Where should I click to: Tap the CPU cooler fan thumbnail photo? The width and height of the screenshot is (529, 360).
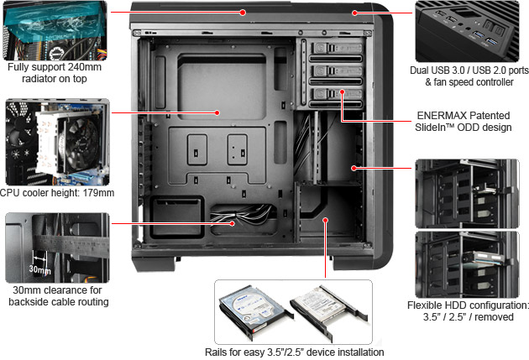(x=54, y=143)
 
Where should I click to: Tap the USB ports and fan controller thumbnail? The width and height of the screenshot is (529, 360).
(x=471, y=30)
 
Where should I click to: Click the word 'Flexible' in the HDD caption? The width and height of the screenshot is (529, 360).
(x=427, y=305)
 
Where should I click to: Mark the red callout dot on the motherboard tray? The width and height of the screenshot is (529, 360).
(x=217, y=112)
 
